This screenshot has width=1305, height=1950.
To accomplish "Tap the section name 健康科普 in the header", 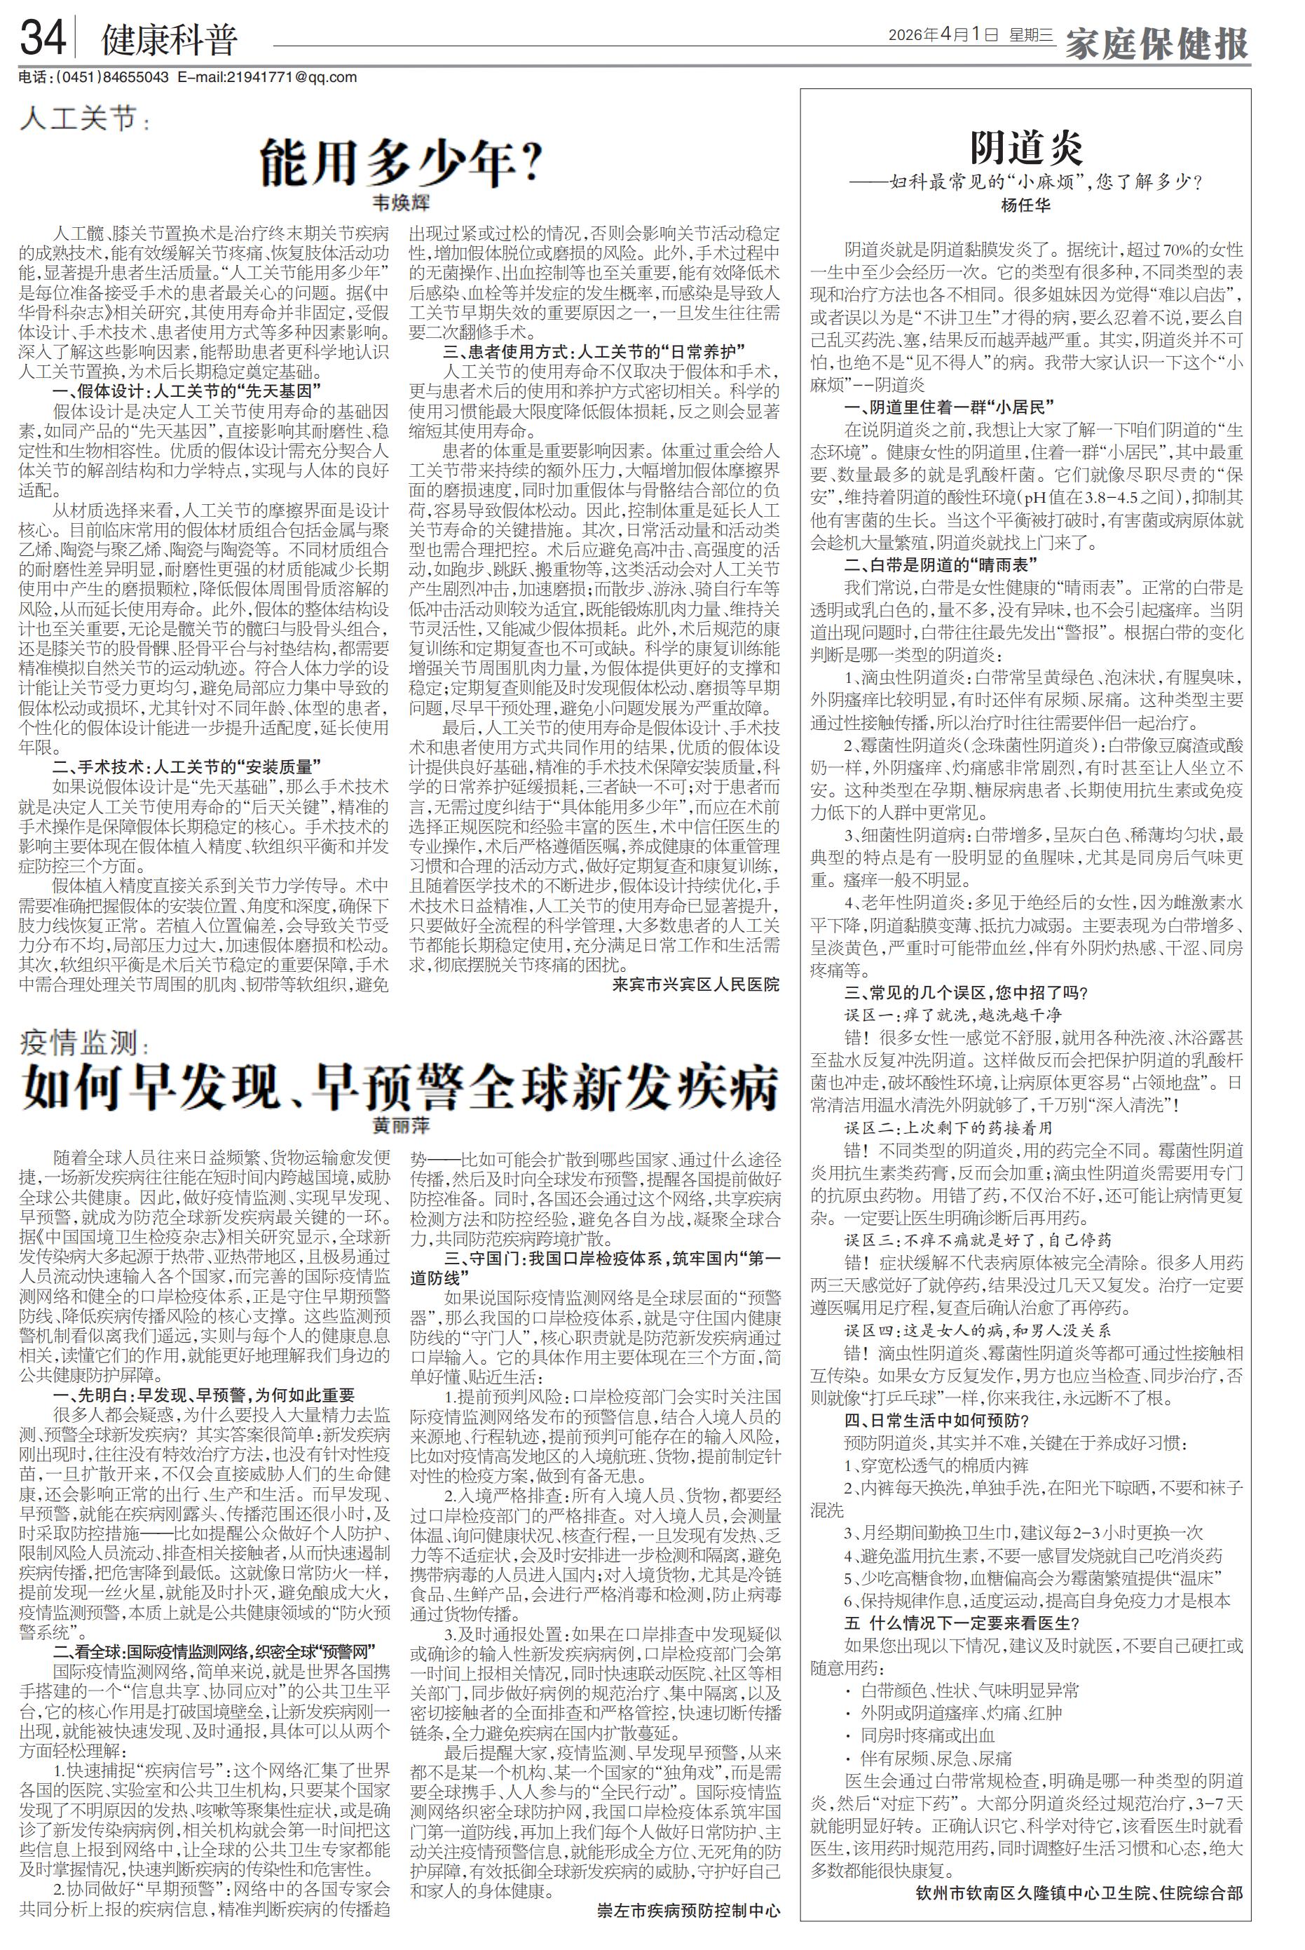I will click(169, 41).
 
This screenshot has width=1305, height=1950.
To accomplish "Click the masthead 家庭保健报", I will click(1158, 43).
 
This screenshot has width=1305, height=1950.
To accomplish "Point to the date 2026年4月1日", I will click(943, 35).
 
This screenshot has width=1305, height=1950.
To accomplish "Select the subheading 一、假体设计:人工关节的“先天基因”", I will click(187, 391).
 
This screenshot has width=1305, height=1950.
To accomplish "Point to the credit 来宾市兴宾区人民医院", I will click(695, 984).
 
